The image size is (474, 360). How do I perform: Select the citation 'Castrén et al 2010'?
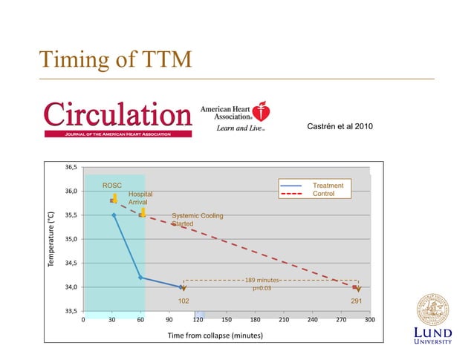coord(340,128)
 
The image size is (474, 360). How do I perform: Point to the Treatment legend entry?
coord(328,186)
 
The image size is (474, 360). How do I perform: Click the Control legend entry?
coord(323,194)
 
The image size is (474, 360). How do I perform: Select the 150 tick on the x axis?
coord(227,321)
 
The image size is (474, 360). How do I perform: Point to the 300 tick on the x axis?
coord(369,321)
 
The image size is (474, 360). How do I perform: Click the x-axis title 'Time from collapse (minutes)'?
coord(215,336)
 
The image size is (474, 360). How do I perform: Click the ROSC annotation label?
coord(111,186)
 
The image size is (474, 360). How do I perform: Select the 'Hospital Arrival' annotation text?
coord(140,197)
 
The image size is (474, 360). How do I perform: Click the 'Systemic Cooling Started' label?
coord(197,220)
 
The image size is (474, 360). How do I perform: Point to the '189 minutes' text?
coord(262,281)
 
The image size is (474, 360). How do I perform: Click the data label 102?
coord(184,301)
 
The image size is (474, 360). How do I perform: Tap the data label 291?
coord(356,301)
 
